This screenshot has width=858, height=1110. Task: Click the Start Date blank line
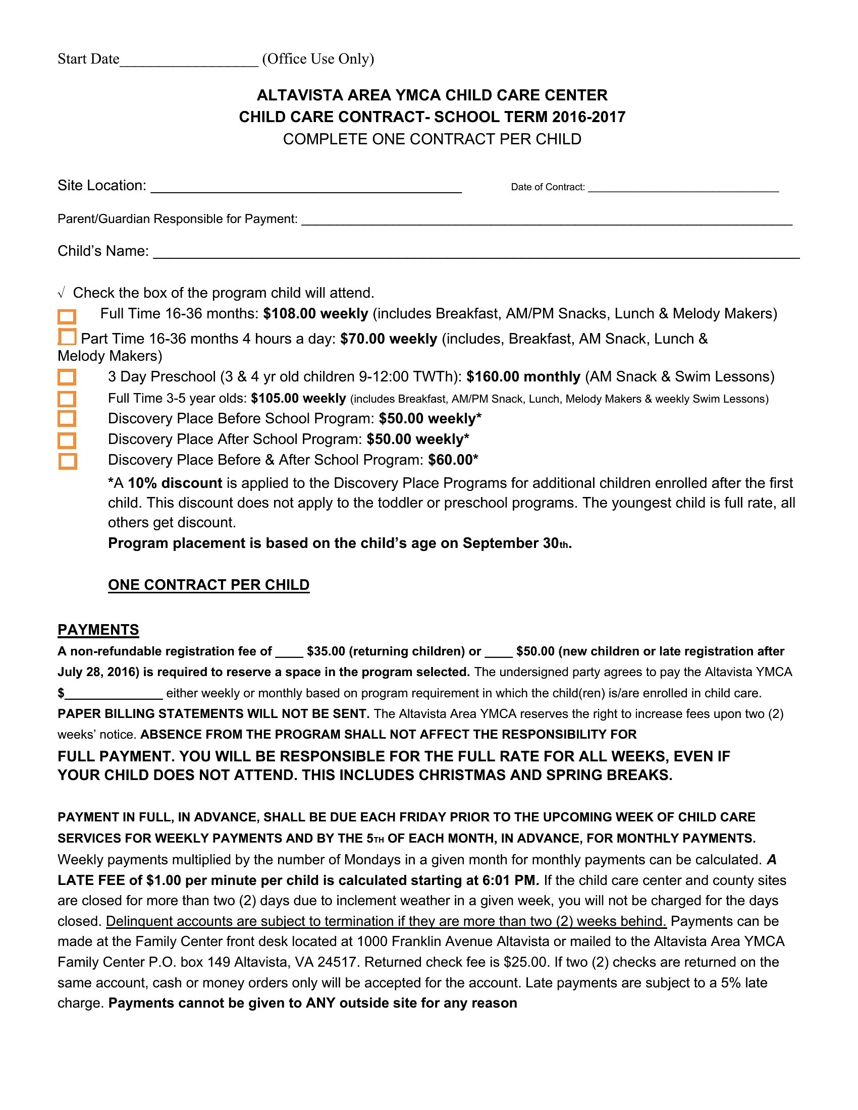click(x=189, y=62)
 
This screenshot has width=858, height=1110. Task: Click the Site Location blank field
click(x=306, y=189)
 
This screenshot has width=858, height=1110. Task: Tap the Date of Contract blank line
click(x=683, y=189)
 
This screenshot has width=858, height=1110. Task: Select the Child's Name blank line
click(x=476, y=254)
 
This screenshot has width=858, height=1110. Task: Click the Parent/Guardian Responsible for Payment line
click(x=547, y=221)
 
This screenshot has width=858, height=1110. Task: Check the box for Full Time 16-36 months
click(x=67, y=317)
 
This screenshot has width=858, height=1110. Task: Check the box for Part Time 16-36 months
click(x=67, y=337)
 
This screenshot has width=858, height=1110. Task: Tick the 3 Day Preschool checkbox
click(x=67, y=377)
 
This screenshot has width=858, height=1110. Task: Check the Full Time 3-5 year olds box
click(x=67, y=399)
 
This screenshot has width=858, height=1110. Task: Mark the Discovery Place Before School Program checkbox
click(x=67, y=419)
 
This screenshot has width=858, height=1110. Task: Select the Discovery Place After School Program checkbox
click(x=67, y=440)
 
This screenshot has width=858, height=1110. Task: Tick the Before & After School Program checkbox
click(x=67, y=461)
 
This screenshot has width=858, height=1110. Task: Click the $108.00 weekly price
click(x=315, y=314)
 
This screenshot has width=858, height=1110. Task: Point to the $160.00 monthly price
click(x=523, y=376)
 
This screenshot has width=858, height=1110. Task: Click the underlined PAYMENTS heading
click(x=98, y=630)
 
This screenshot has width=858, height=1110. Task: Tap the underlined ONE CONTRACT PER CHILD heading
click(x=208, y=585)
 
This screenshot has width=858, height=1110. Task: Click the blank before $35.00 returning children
click(x=289, y=654)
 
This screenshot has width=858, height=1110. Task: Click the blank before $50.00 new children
click(x=499, y=654)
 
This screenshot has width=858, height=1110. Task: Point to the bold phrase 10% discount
click(x=175, y=483)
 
